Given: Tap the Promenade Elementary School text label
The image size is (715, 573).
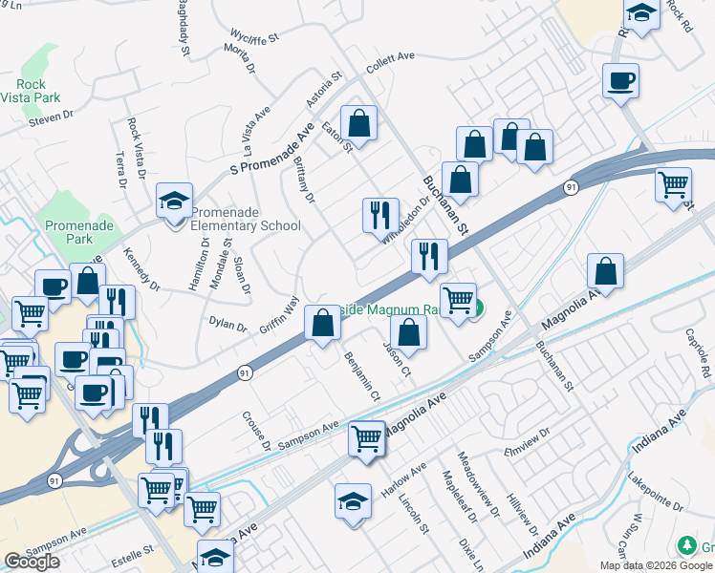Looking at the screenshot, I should [246, 219].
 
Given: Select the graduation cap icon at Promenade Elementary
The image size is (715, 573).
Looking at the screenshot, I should [174, 202].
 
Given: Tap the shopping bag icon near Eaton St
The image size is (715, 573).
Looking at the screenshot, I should [358, 123].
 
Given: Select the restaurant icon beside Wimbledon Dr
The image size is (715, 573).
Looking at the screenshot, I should [380, 215].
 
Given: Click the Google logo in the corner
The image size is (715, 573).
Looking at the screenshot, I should [32, 562].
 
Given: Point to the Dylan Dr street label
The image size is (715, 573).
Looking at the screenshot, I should [228, 324].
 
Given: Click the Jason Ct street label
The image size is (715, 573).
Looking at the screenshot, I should [397, 358].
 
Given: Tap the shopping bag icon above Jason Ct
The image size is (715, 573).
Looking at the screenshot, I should [408, 334].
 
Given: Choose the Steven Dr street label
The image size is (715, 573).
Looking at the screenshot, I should [51, 117].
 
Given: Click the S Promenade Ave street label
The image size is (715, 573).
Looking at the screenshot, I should [272, 148].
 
